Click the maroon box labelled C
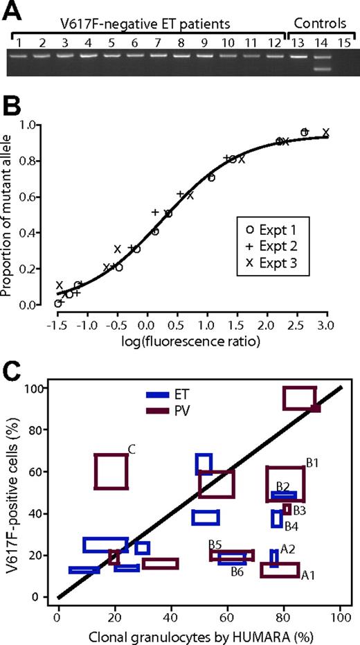pyautogui.click(x=111, y=471)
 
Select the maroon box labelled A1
pyautogui.click(x=280, y=569)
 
